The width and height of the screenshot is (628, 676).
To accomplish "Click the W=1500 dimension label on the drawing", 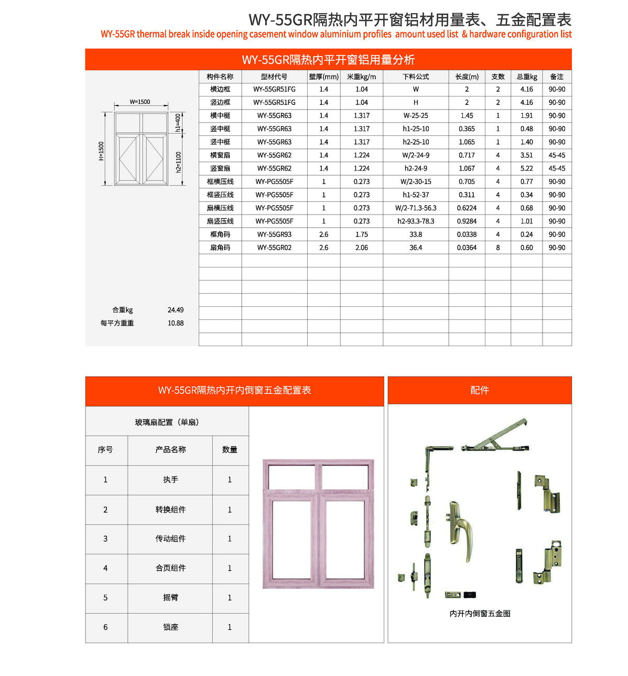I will [x=139, y=102].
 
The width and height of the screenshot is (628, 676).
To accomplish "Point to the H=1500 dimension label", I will [x=101, y=151].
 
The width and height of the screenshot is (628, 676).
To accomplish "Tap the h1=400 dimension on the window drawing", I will [x=178, y=122].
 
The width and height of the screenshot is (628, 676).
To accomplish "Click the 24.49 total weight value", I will [x=176, y=310].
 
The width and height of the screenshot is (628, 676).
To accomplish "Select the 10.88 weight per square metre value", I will [x=176, y=323].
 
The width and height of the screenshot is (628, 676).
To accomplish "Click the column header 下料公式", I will [x=416, y=77].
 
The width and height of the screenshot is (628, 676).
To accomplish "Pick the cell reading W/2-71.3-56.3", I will [x=416, y=208].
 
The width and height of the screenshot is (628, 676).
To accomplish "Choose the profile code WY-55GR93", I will [x=274, y=234].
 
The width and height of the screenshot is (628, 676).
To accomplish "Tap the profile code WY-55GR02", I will [x=274, y=248].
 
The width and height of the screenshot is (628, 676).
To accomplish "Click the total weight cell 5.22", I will [x=526, y=168].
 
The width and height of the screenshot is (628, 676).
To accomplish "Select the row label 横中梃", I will [x=220, y=115].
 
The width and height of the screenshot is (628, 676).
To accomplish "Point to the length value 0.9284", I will [x=467, y=221].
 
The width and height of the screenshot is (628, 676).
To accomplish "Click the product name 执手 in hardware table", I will [x=170, y=479].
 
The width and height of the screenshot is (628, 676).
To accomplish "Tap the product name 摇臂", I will [x=170, y=597].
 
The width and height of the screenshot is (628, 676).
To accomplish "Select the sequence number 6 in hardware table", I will [x=105, y=627].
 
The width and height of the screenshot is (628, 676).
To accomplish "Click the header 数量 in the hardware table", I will [x=230, y=449].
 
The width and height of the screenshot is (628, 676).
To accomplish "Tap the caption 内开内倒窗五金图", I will [x=480, y=613].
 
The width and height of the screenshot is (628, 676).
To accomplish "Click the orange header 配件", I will [x=479, y=390].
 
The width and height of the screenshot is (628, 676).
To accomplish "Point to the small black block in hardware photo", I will [x=470, y=595].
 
